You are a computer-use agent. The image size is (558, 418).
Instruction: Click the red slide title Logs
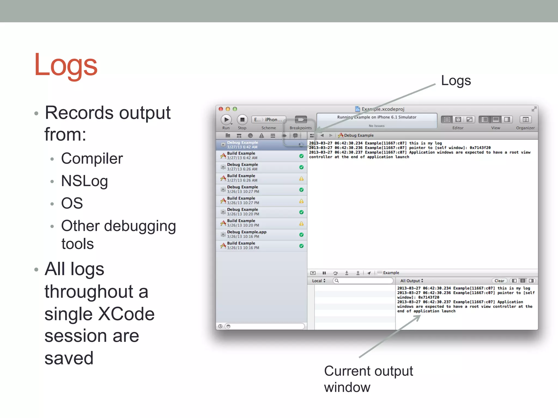66,65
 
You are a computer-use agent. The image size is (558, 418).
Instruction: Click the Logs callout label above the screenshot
456,81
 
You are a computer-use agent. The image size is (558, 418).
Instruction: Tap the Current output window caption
368,379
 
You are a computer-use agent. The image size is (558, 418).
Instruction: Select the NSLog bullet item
84,181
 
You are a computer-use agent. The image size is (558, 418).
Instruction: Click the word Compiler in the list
92,158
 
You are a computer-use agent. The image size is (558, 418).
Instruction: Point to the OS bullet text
72,203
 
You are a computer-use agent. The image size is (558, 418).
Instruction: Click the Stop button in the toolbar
242,120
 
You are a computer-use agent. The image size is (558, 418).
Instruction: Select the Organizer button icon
525,120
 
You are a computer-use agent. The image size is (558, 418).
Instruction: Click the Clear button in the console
499,281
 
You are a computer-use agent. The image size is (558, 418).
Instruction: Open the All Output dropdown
411,281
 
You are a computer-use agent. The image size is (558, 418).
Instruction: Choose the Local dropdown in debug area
319,281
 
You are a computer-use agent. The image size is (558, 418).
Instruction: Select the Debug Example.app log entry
247,234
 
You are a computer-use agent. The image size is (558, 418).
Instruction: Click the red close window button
221,109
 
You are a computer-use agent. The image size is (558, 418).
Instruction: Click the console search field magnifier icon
337,281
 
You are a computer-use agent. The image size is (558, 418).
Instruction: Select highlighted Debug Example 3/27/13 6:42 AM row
242,145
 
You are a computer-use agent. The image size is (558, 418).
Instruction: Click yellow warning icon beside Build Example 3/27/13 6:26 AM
301,179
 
